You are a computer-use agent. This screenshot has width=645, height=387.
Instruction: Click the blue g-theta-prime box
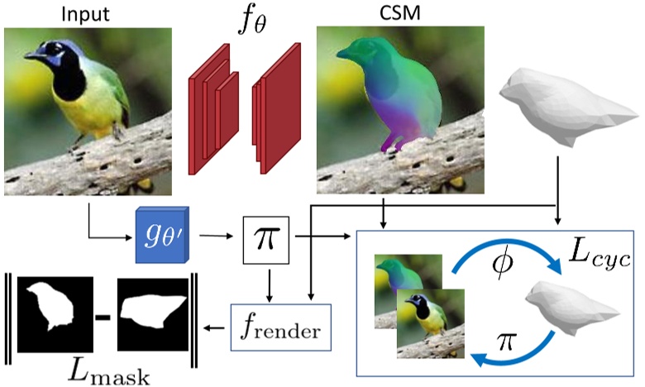pyautogui.click(x=162, y=232)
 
